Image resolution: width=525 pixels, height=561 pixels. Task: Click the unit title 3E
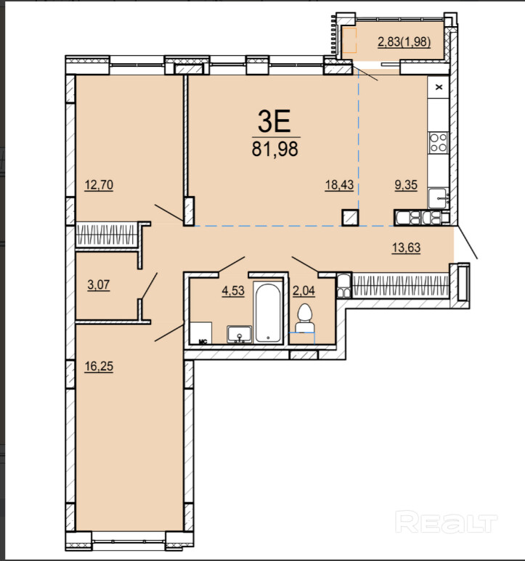(x=274, y=121)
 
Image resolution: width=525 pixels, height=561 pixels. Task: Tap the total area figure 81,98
(x=275, y=149)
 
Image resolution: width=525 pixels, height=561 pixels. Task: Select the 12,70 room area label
(x=99, y=185)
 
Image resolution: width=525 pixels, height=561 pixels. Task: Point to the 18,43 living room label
(x=339, y=185)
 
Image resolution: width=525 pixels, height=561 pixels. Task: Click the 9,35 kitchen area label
(x=406, y=185)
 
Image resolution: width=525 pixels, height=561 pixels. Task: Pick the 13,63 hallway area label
(x=406, y=247)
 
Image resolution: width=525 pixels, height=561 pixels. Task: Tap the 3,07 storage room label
(x=99, y=285)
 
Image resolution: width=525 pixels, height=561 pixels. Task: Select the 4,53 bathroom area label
(x=233, y=290)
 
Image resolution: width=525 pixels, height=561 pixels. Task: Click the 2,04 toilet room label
(x=304, y=290)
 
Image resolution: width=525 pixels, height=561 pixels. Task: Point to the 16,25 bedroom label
(x=99, y=367)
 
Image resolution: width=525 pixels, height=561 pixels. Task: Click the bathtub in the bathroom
(x=268, y=312)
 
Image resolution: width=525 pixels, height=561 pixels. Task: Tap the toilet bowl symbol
(x=304, y=318)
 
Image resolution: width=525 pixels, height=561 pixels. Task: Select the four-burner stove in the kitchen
(x=439, y=142)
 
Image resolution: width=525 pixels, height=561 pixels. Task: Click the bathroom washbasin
(x=240, y=334)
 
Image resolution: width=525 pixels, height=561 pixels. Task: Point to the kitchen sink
(x=439, y=198)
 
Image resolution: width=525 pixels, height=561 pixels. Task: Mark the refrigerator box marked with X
(x=439, y=87)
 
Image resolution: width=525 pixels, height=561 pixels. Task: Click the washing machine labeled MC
(x=200, y=332)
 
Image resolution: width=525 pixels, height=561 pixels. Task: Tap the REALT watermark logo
(x=447, y=522)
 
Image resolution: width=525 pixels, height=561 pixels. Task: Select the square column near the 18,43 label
(x=350, y=218)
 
